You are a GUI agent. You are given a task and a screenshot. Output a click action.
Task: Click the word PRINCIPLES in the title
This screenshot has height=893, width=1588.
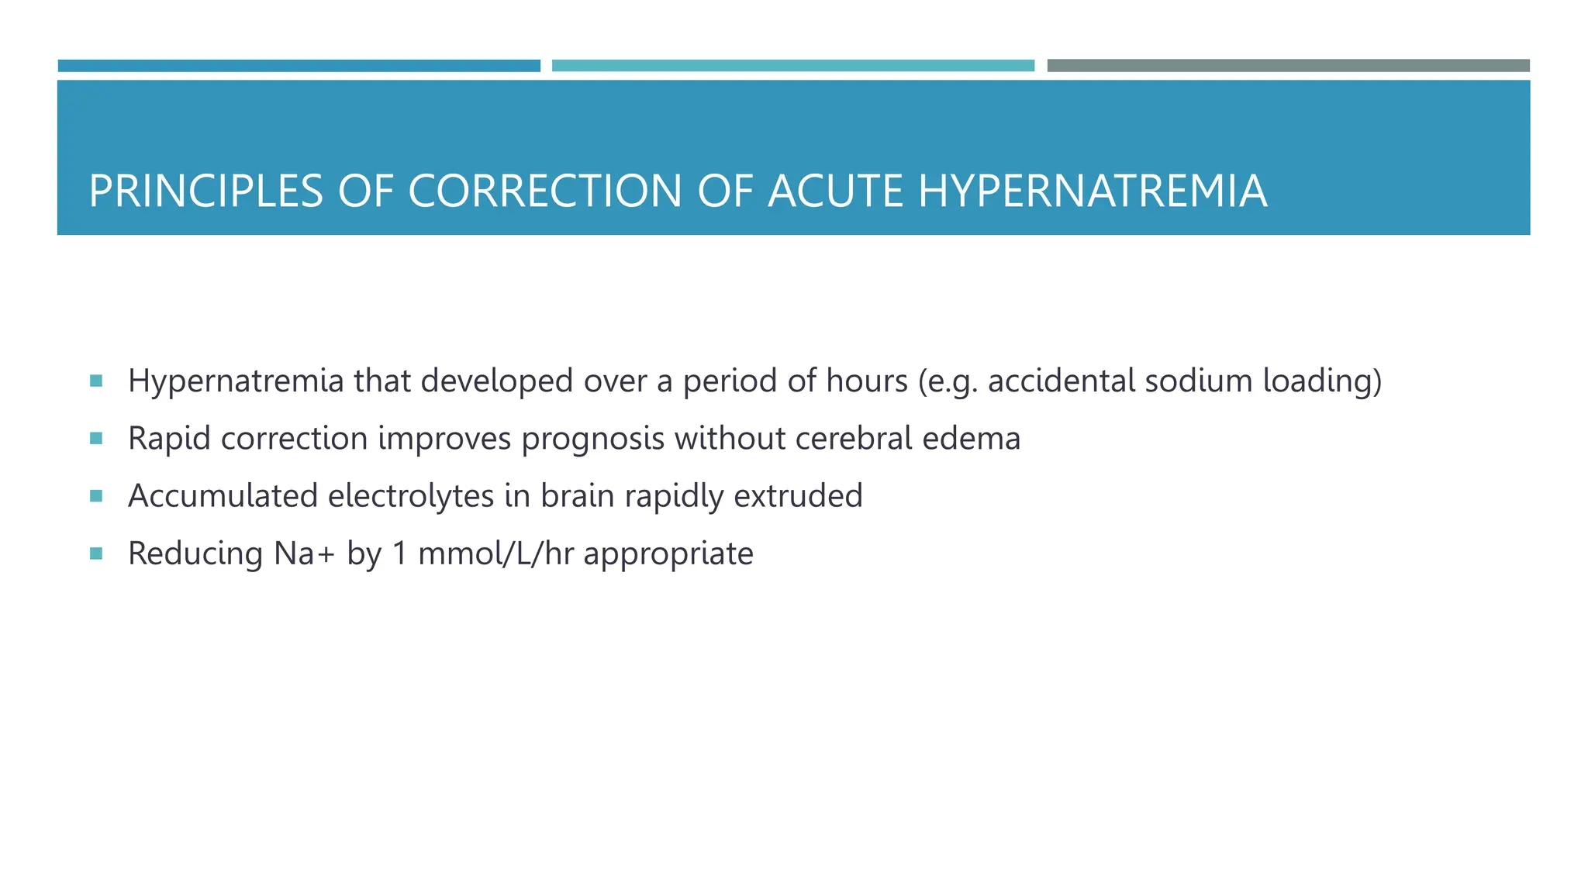pos(205,191)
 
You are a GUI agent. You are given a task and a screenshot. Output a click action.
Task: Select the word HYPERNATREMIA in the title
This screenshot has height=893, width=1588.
pos(1093,191)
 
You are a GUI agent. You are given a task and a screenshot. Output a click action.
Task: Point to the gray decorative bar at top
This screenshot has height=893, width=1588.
pos(1288,66)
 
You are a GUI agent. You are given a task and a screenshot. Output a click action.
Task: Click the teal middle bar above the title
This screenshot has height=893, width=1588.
pos(792,66)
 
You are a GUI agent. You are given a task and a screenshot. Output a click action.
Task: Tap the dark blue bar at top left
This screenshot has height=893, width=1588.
pos(299,66)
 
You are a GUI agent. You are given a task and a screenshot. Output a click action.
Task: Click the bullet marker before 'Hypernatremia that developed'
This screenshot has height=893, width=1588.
pos(96,381)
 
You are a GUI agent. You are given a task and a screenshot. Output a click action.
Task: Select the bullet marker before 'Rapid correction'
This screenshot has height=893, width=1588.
pos(96,439)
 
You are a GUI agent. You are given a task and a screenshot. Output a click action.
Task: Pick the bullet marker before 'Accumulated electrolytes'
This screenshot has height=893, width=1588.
pos(96,496)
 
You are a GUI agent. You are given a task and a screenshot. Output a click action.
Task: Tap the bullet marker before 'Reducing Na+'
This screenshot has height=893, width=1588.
pos(96,553)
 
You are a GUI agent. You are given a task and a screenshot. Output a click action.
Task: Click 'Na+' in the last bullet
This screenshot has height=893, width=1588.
pos(305,553)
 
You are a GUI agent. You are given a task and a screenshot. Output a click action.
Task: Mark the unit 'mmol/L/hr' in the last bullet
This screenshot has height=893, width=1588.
pos(495,553)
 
